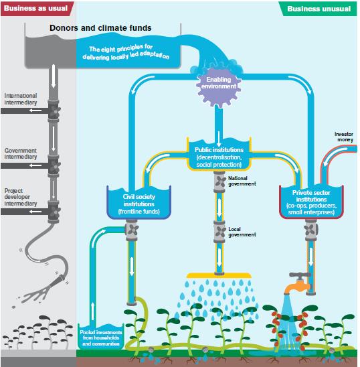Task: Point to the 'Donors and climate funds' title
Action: click(100, 29)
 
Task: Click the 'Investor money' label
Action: click(343, 137)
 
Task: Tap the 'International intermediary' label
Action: click(21, 99)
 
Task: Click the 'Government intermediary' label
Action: click(21, 154)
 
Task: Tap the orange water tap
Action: click(299, 283)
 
